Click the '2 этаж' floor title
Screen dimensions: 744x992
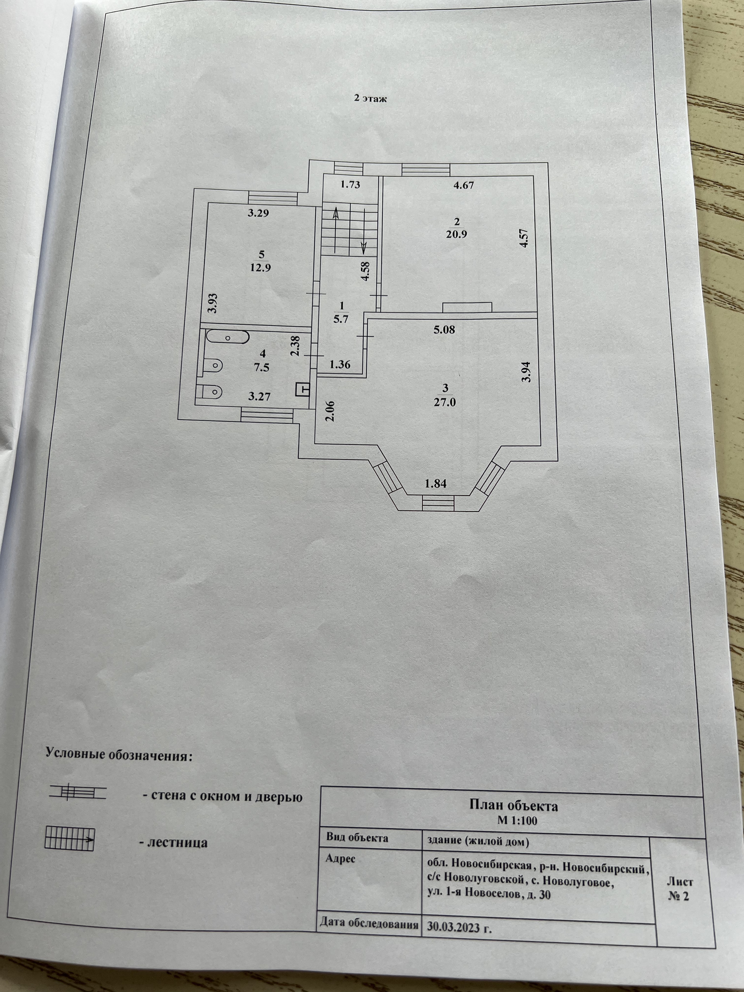[370, 99]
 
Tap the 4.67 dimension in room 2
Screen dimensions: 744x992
[463, 185]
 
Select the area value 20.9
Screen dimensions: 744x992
[457, 234]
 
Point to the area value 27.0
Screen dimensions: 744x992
[445, 402]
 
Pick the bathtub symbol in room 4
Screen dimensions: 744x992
[227, 337]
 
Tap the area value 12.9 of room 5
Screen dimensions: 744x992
[262, 268]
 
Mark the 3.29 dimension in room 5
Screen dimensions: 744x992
[258, 213]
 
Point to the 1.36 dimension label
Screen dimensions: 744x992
[340, 365]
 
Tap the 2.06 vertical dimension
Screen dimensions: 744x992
[331, 411]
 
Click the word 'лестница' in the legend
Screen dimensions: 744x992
[173, 843]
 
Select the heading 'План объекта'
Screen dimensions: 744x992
[513, 806]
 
